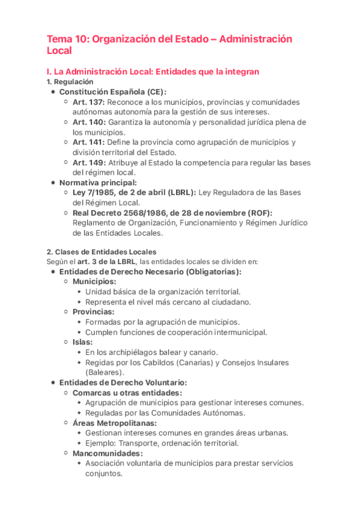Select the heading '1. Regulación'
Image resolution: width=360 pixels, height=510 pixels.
(x=70, y=82)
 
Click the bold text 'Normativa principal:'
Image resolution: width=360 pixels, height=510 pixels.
(x=98, y=182)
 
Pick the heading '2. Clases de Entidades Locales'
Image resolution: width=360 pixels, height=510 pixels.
(x=102, y=251)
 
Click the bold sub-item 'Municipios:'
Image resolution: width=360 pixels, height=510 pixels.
(x=94, y=281)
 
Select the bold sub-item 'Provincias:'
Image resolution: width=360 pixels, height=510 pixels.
(x=93, y=312)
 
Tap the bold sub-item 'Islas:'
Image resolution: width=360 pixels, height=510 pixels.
(x=82, y=342)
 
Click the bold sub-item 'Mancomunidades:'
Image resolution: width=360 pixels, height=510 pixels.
(x=108, y=453)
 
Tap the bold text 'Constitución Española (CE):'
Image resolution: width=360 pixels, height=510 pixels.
(x=113, y=92)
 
